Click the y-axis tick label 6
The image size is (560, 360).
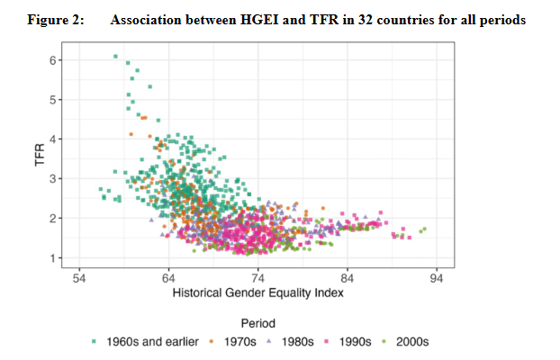(x=53, y=60)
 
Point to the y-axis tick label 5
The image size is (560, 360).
(x=53, y=100)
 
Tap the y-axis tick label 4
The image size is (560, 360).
(x=53, y=139)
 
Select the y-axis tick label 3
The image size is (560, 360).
(x=53, y=179)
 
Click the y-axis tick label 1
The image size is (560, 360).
(x=53, y=258)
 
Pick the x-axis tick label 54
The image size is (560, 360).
(x=79, y=278)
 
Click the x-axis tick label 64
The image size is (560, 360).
(x=168, y=278)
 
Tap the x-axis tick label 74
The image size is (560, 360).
(x=258, y=278)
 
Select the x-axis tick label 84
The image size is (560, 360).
(x=348, y=278)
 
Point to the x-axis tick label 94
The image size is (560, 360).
(x=438, y=278)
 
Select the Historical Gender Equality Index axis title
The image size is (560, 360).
(x=258, y=293)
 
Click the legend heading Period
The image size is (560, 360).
(x=258, y=322)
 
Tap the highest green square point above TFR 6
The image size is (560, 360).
(x=116, y=57)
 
